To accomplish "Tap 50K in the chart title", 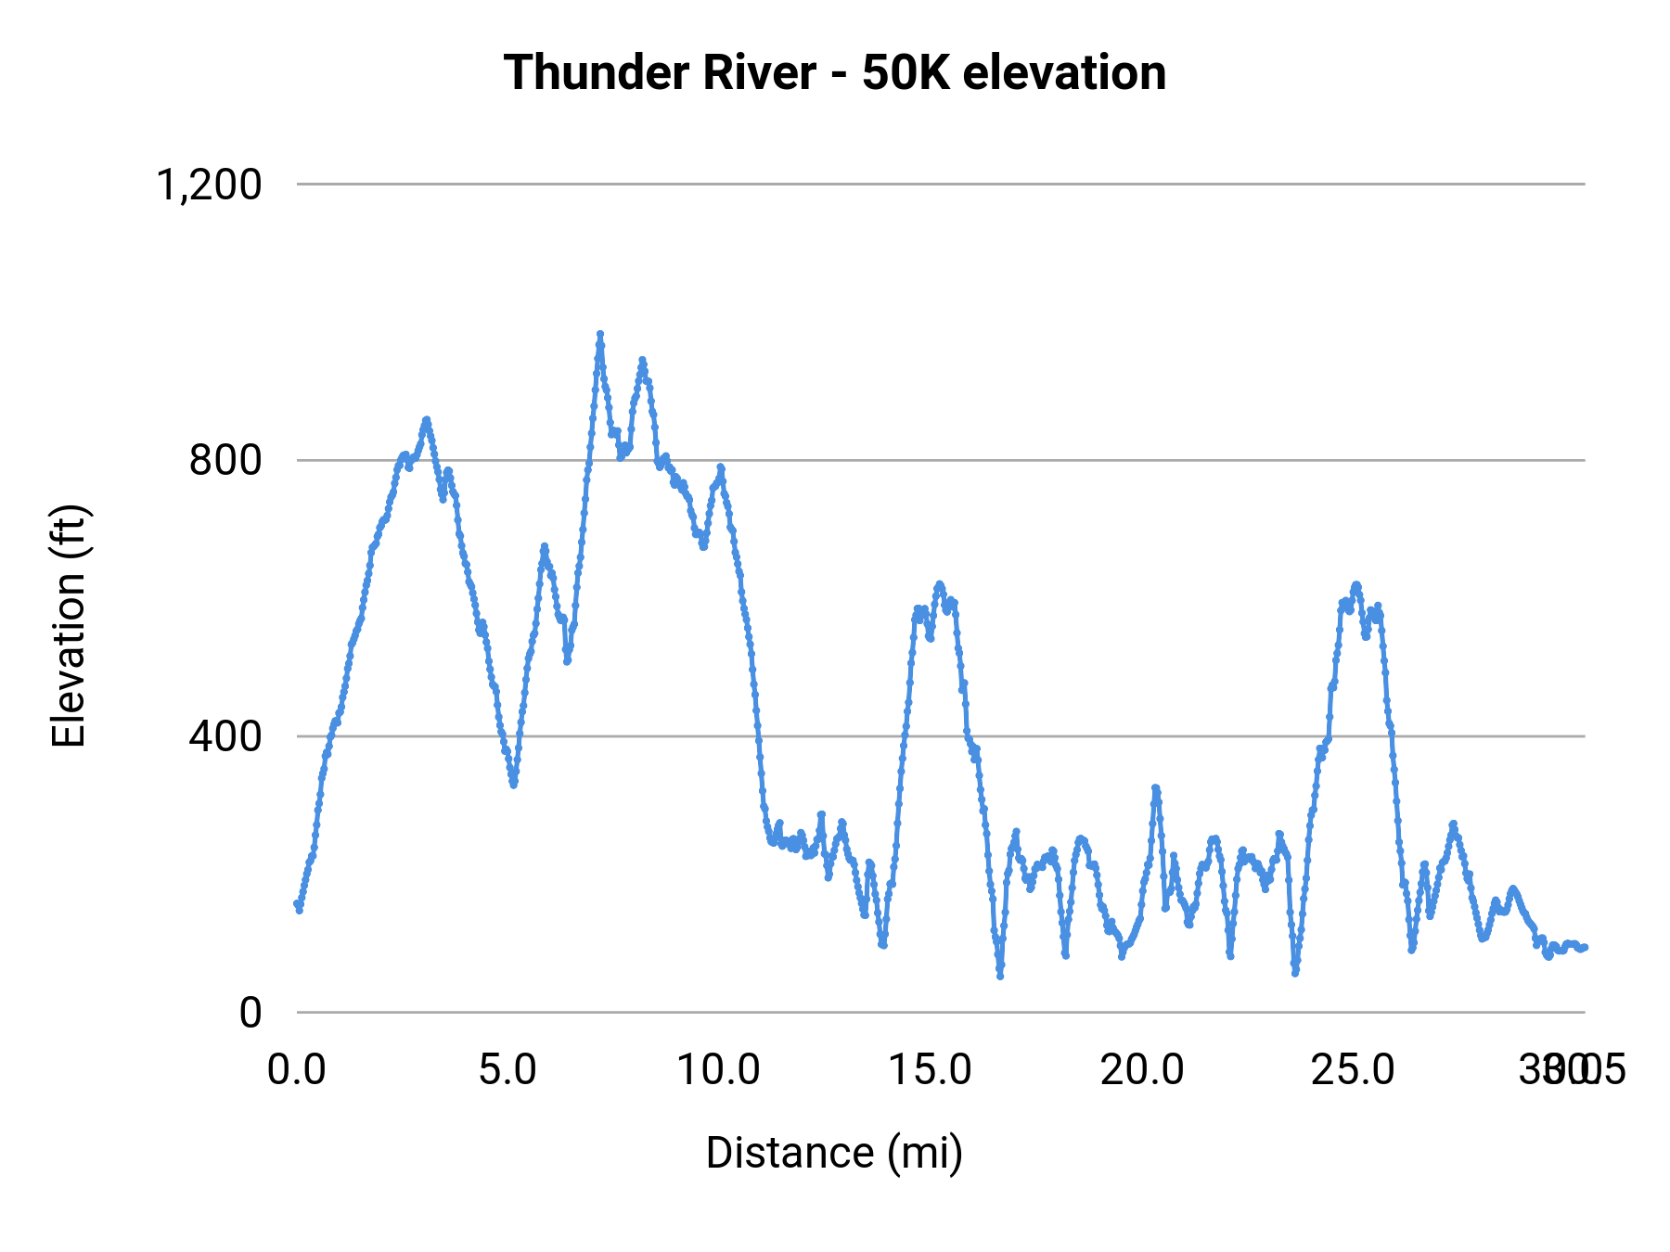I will click(906, 73).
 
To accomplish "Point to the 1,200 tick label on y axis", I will click(210, 185).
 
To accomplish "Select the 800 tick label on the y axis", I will click(225, 461).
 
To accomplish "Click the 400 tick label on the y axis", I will click(225, 736).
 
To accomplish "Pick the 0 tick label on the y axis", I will click(250, 1013).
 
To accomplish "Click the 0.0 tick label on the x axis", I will click(297, 1070).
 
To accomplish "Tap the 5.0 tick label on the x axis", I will click(507, 1070).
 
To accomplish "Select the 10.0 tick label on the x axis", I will click(719, 1070).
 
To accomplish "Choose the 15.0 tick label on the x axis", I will click(931, 1070).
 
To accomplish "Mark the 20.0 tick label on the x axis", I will click(1142, 1070).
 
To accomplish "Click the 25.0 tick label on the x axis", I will click(1354, 1070).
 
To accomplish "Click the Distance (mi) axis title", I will click(834, 1153).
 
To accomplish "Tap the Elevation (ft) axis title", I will click(69, 626).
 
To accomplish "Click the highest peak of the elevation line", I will click(600, 334).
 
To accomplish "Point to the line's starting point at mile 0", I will click(298, 904).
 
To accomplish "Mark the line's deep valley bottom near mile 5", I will click(513, 785).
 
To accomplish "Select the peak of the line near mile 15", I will click(939, 583).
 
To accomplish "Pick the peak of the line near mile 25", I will click(1356, 584).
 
